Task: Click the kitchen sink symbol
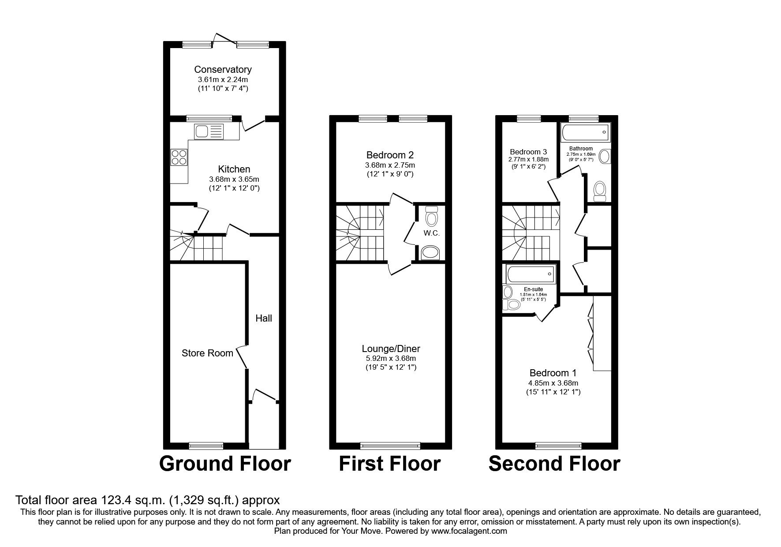coord(209,131)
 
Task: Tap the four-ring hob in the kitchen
coord(179,157)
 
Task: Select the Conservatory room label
coord(223,69)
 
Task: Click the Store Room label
coord(207,353)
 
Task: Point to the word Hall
coord(264,318)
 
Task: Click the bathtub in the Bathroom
coord(585,132)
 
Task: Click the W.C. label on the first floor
coord(432,233)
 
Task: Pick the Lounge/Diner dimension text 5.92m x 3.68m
coord(390,359)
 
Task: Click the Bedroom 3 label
coord(528,151)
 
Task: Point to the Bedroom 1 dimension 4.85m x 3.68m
coord(553,383)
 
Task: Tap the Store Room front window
coord(206,446)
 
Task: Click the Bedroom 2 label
coord(390,155)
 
